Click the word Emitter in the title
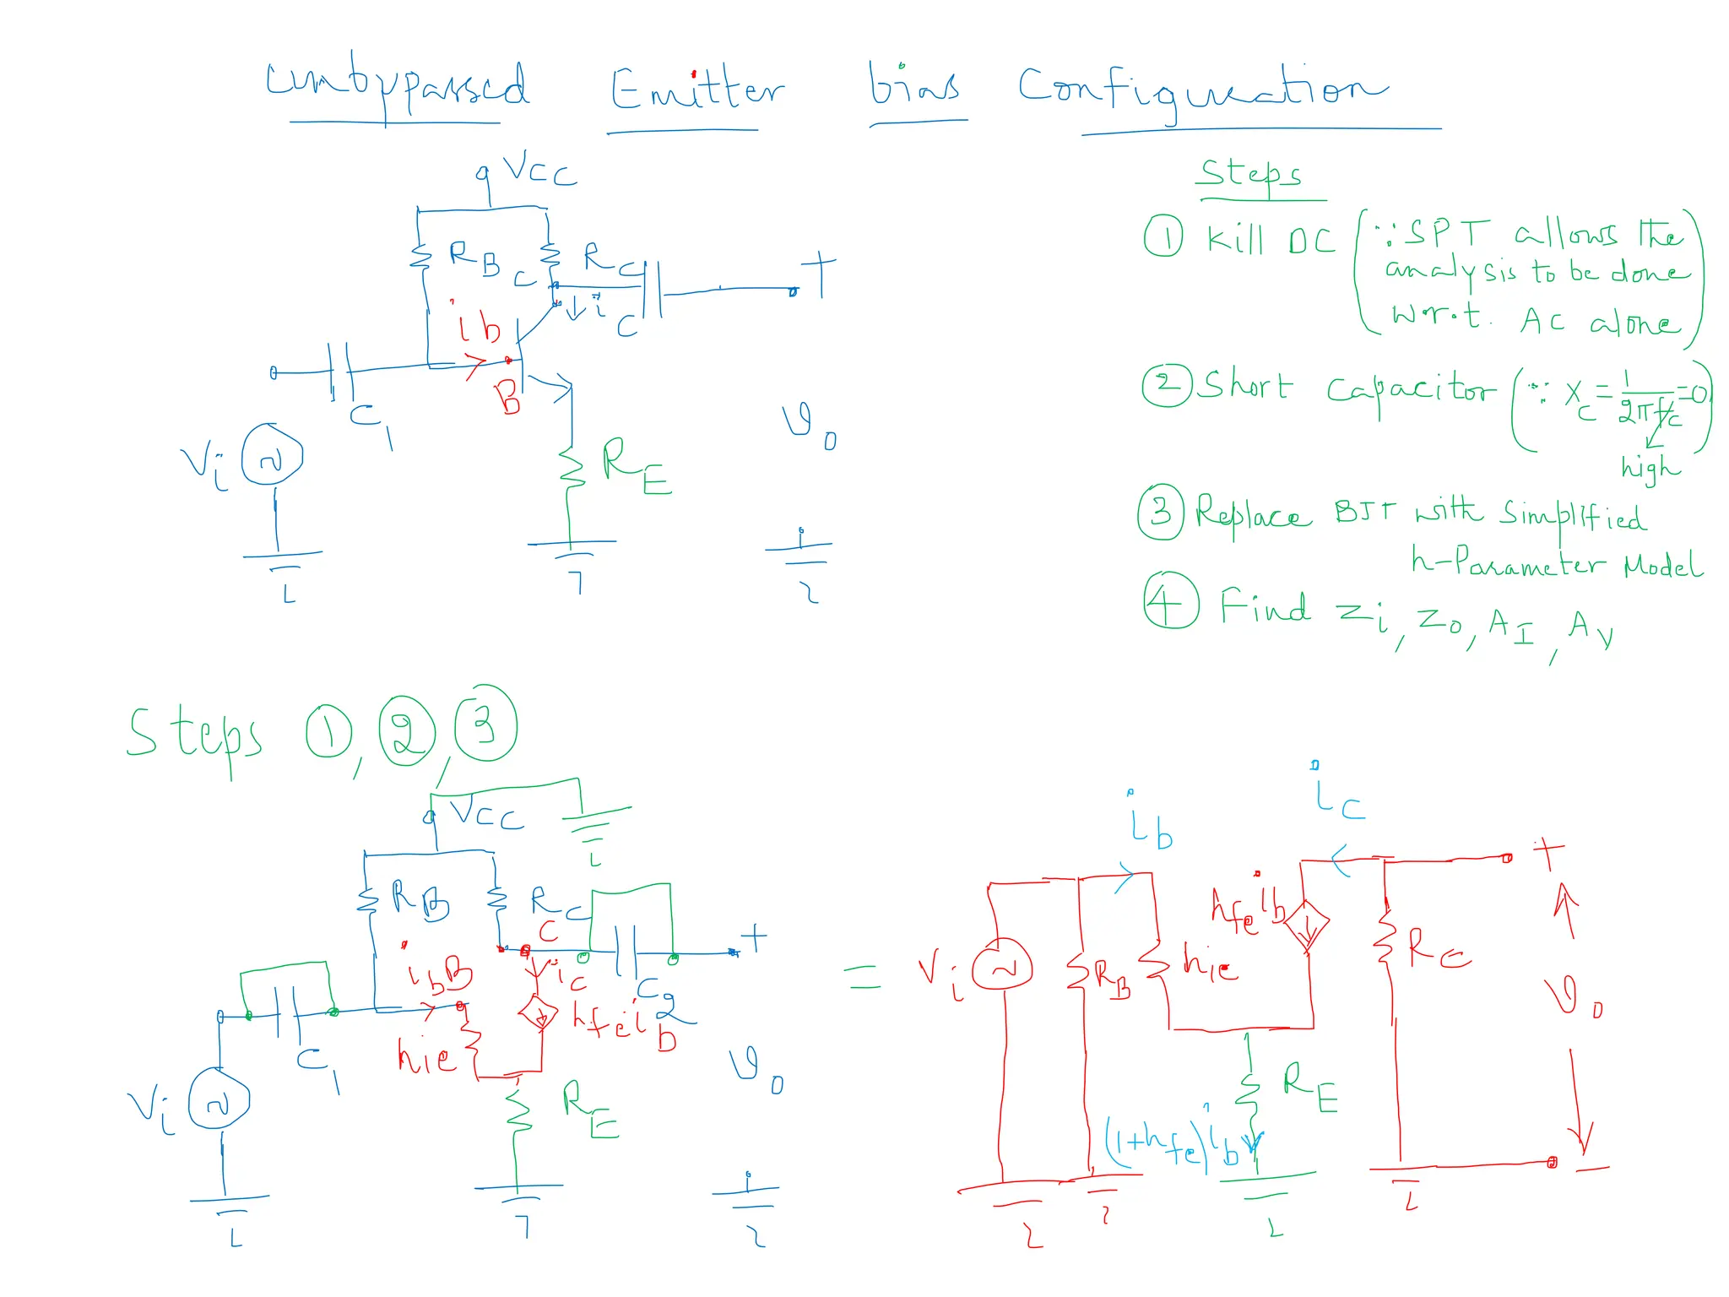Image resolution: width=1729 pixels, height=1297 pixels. [696, 90]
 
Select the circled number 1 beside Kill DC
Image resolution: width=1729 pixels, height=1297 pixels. [1163, 236]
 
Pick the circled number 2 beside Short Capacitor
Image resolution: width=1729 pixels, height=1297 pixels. [1166, 385]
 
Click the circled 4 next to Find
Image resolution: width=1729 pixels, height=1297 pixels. [1170, 600]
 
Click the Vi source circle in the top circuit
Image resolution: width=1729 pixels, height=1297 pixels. [272, 456]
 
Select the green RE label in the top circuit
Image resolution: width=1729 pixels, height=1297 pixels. [635, 466]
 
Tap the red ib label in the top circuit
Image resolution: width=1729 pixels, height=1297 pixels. [479, 325]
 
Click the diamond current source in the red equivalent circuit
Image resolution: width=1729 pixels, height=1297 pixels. [1306, 927]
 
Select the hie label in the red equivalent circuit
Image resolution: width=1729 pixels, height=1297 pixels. [1209, 964]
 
